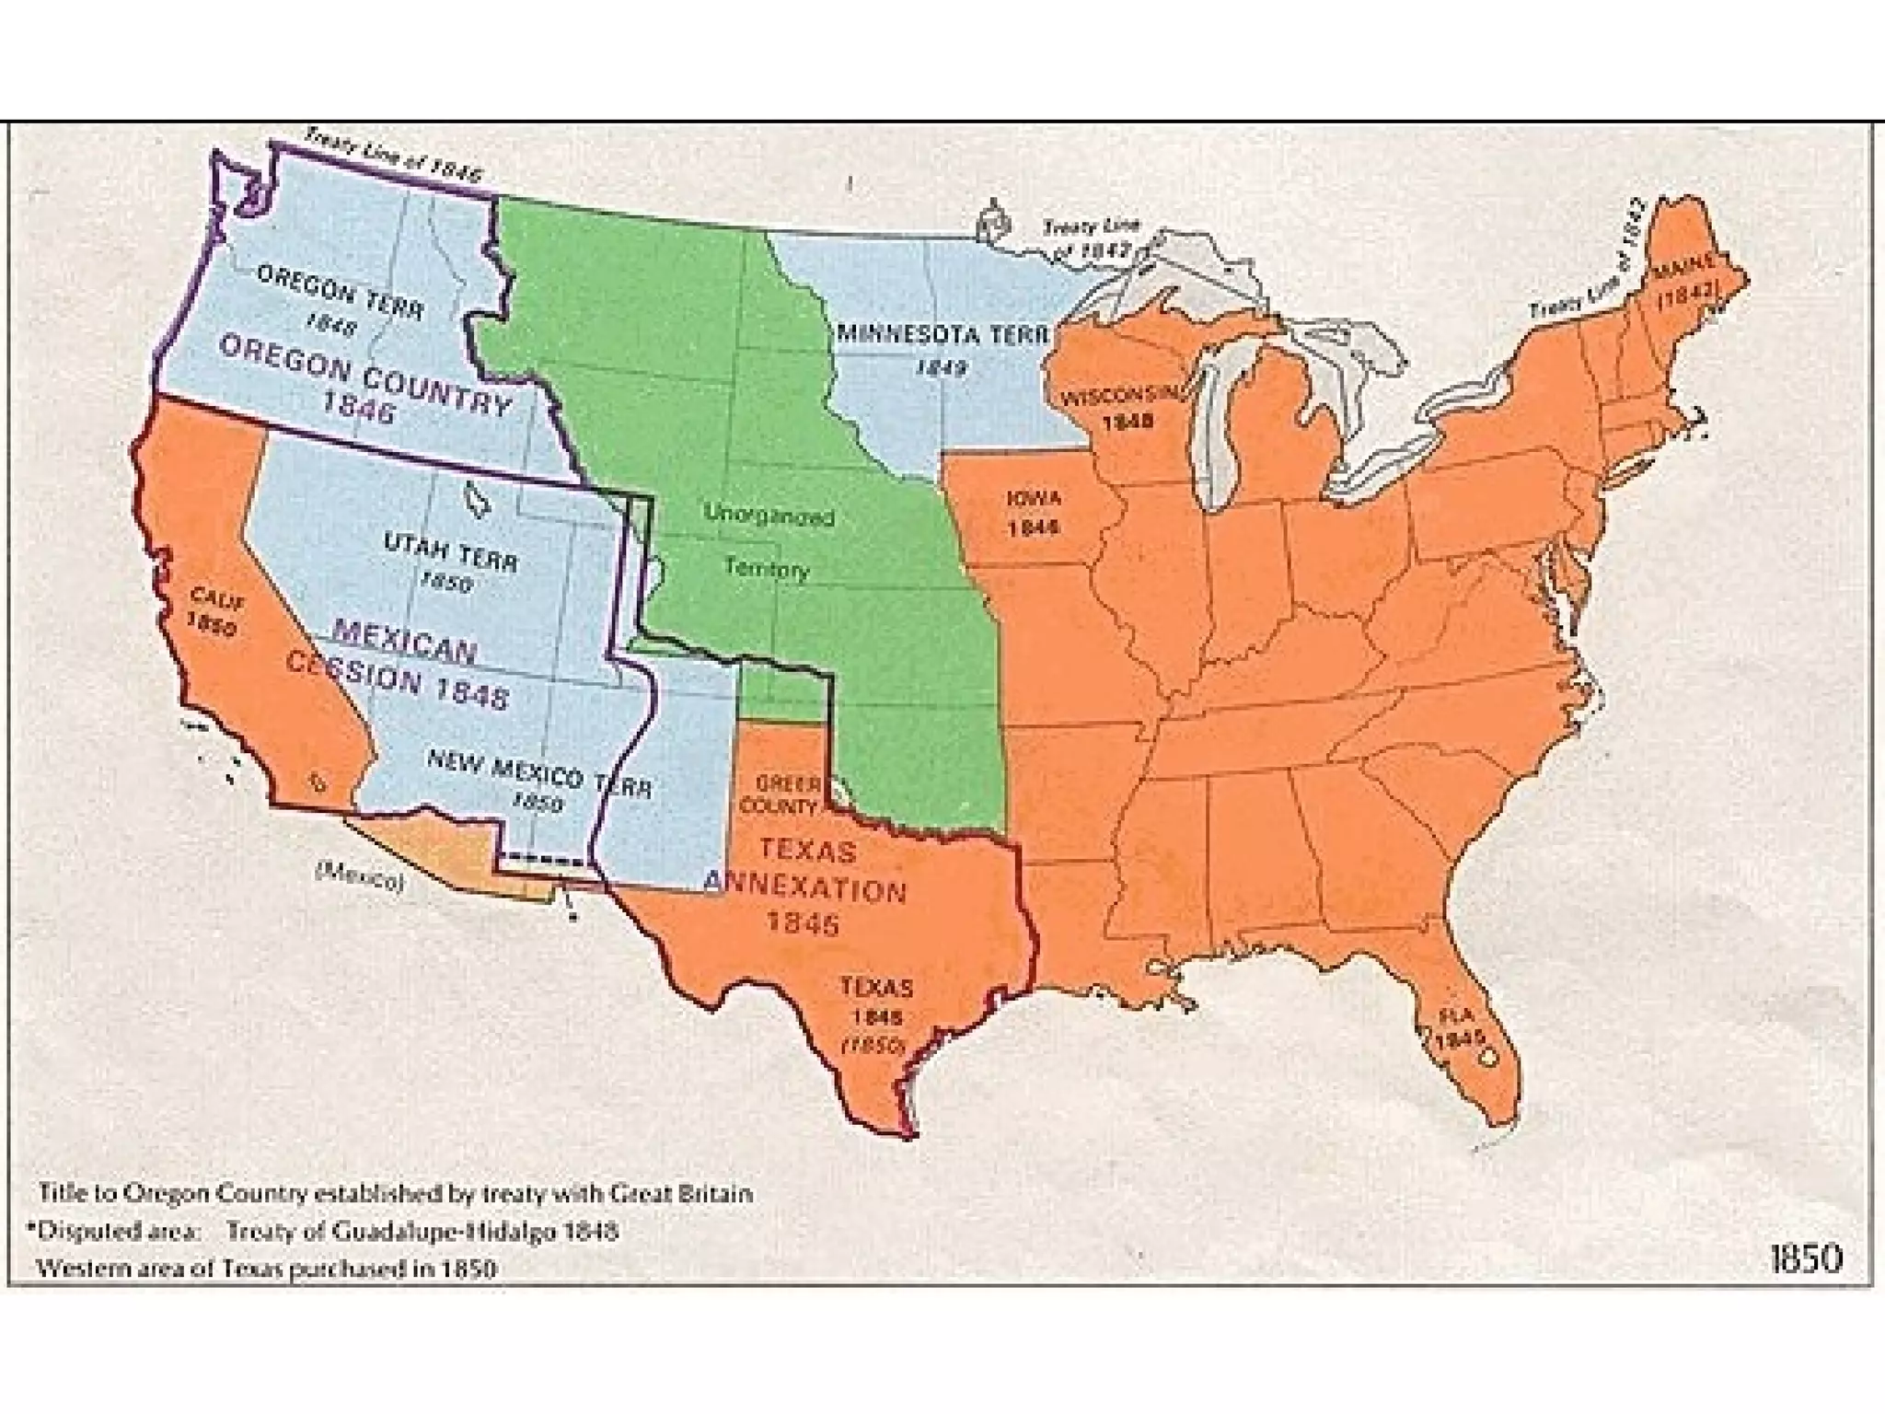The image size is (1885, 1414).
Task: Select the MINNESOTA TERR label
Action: (x=942, y=345)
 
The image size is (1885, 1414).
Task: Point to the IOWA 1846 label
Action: (x=1034, y=512)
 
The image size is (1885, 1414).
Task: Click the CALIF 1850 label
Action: (x=215, y=611)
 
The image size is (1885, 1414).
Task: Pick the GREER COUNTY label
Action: (x=787, y=794)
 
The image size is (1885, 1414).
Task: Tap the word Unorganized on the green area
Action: (x=769, y=515)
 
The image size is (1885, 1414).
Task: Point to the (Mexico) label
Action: (x=360, y=876)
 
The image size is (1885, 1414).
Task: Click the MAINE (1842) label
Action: (x=1686, y=280)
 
